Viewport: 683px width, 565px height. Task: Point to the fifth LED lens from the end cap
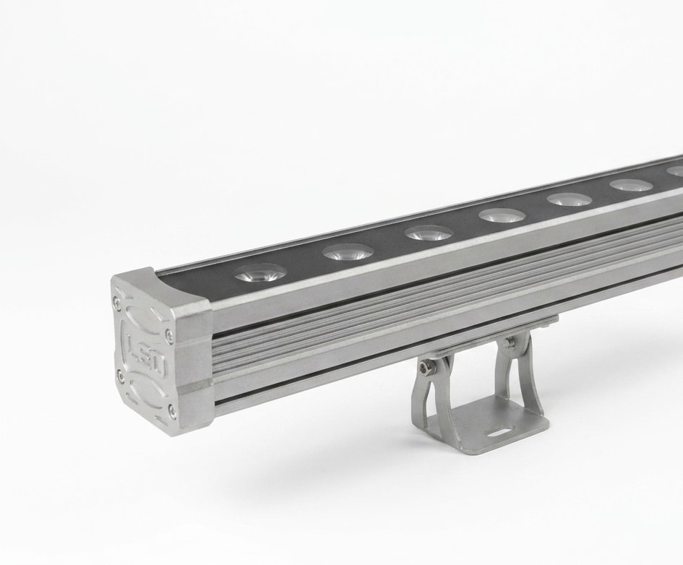pyautogui.click(x=570, y=200)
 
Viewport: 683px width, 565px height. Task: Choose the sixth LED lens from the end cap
pyautogui.click(x=632, y=186)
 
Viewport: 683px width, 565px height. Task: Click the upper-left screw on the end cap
pyautogui.click(x=116, y=298)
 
